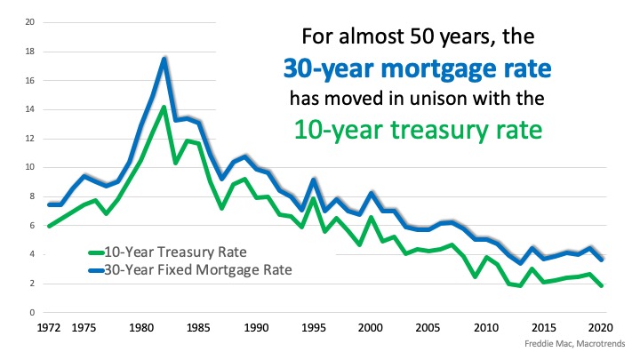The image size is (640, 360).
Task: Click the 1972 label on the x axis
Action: pos(49,327)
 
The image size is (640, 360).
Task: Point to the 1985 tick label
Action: pos(197,327)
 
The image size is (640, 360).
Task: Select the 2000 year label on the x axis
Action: pos(371,327)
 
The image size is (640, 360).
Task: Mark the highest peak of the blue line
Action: pos(164,60)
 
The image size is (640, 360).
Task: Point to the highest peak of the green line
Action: pos(164,108)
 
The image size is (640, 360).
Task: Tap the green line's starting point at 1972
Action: pos(50,226)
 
